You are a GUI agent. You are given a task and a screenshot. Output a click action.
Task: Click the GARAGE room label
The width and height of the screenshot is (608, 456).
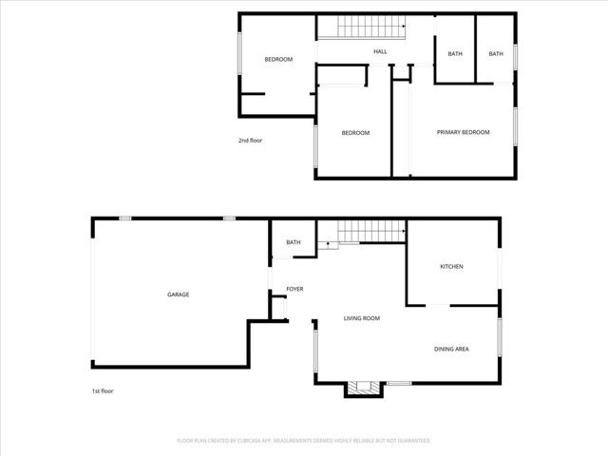(179, 294)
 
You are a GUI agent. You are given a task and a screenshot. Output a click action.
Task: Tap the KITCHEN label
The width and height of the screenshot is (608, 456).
(451, 267)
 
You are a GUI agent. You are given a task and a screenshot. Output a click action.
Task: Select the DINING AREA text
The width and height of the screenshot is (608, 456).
(451, 349)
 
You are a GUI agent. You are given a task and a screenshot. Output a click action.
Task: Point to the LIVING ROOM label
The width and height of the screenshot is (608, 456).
(362, 318)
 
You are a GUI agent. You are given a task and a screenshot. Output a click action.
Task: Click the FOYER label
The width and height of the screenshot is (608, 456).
(294, 288)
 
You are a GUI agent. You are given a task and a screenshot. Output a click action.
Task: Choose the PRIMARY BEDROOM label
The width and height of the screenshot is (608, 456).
(463, 132)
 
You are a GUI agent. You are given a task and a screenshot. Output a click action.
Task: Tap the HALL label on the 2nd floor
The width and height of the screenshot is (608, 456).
(380, 52)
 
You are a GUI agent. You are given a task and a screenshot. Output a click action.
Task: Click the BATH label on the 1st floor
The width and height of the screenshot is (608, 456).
(294, 242)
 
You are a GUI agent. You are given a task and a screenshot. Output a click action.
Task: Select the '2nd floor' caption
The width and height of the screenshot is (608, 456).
(250, 141)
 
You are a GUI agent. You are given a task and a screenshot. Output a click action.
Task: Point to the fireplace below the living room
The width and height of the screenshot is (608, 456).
(361, 388)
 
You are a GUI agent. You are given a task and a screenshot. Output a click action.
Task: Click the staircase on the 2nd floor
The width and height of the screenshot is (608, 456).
(361, 28)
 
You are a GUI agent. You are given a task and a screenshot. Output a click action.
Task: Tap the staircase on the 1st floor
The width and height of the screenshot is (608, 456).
(361, 231)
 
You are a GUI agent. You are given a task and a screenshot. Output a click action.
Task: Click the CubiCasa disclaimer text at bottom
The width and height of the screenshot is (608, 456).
(304, 441)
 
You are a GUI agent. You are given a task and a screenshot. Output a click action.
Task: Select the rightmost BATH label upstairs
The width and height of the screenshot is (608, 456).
(496, 54)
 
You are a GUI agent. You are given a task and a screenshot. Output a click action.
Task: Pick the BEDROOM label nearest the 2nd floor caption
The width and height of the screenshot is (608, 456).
(278, 60)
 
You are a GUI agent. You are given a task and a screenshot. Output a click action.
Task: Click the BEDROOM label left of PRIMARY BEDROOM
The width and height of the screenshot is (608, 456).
(355, 133)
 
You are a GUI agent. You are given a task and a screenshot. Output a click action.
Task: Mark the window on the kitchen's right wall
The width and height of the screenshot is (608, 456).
(499, 267)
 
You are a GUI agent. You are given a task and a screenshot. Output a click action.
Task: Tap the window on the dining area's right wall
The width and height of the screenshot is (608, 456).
(499, 337)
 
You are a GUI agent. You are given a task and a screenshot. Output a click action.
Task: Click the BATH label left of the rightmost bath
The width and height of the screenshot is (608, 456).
(455, 54)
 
